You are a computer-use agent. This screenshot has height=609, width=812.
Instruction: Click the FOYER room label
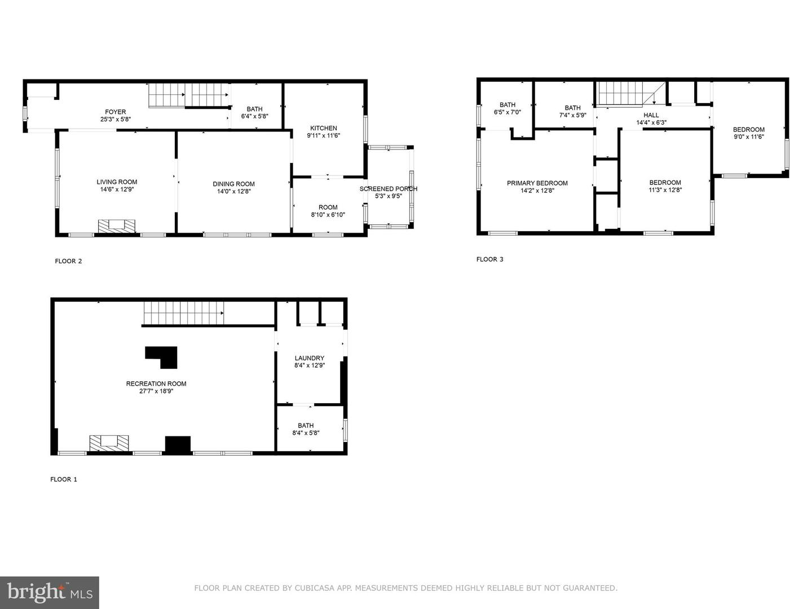pos(115,112)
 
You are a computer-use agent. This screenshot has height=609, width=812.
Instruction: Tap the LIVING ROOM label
pos(117,182)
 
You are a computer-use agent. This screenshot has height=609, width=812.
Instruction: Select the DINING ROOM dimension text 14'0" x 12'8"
pos(233,192)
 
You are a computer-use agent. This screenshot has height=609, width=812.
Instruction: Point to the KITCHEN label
pos(324,128)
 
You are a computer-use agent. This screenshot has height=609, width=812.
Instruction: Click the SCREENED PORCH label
pos(389,189)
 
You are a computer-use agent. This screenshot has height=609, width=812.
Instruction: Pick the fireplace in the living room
pos(117,226)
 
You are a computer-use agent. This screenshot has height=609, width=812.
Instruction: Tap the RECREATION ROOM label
pos(156,383)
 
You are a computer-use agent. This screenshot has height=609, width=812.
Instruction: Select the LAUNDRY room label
pos(310,358)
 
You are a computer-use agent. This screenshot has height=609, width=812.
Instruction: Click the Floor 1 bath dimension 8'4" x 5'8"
pos(306,433)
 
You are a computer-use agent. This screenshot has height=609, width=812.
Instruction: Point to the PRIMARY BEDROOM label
pos(537,183)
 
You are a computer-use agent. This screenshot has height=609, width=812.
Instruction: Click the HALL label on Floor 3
pos(651,115)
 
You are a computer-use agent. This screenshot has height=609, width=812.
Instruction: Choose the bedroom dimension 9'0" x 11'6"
pos(749,137)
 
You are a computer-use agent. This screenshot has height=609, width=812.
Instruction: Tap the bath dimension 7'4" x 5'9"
pos(572,115)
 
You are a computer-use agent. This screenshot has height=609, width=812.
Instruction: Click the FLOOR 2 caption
pos(68,261)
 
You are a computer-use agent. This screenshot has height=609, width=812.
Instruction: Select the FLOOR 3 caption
pos(490,259)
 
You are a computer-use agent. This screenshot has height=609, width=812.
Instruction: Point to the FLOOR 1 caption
pos(64,479)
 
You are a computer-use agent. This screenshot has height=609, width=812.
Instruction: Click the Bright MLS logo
pos(50,592)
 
